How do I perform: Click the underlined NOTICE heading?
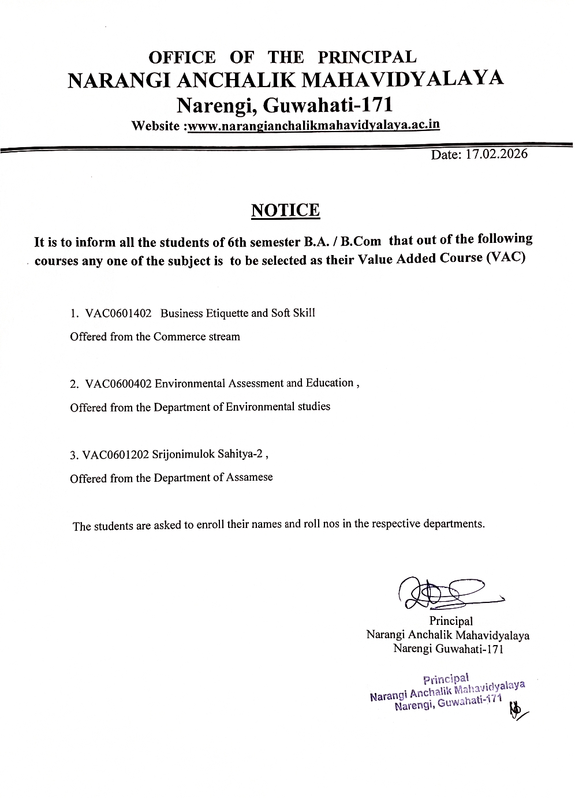pos(285,210)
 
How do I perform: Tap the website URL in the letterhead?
pos(314,125)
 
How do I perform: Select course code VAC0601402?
pos(118,313)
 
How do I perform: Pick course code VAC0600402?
pos(118,384)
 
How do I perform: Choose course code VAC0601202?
pos(115,455)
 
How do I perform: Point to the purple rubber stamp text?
pos(447,692)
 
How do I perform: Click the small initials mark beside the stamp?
pos(517,711)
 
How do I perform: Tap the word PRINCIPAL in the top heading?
pos(367,57)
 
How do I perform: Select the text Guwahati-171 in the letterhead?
pos(328,105)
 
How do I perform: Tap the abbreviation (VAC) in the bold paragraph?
pos(505,257)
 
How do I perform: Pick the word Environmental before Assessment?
pos(190,384)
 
